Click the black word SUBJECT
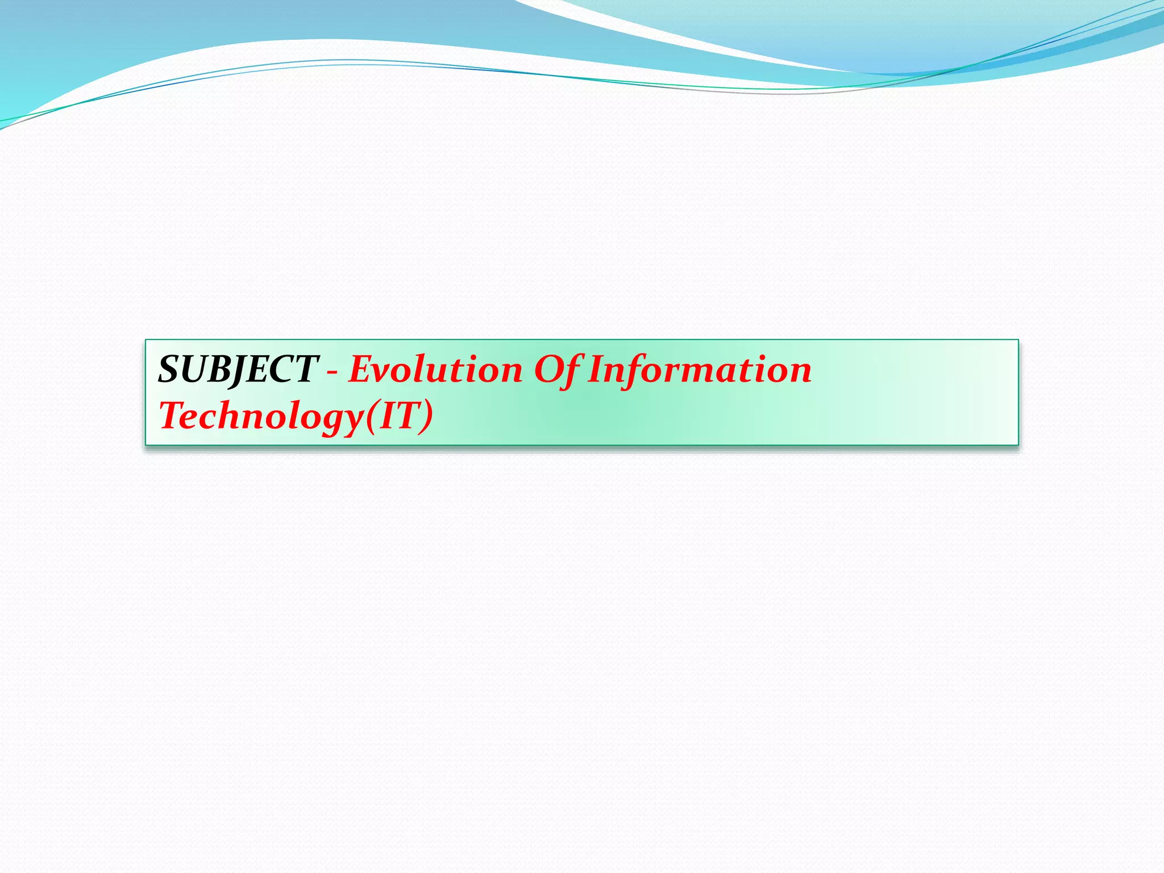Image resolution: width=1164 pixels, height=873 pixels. (238, 369)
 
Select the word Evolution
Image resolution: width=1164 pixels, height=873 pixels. (435, 369)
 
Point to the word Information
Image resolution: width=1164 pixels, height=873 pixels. (700, 369)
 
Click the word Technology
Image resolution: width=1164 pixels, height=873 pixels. (261, 416)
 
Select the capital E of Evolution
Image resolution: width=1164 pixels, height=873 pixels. (361, 369)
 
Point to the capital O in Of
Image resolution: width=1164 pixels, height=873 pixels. (546, 369)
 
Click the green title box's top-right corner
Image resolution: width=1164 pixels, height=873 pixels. (1018, 340)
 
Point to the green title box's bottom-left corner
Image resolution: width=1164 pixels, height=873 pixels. (145, 445)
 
